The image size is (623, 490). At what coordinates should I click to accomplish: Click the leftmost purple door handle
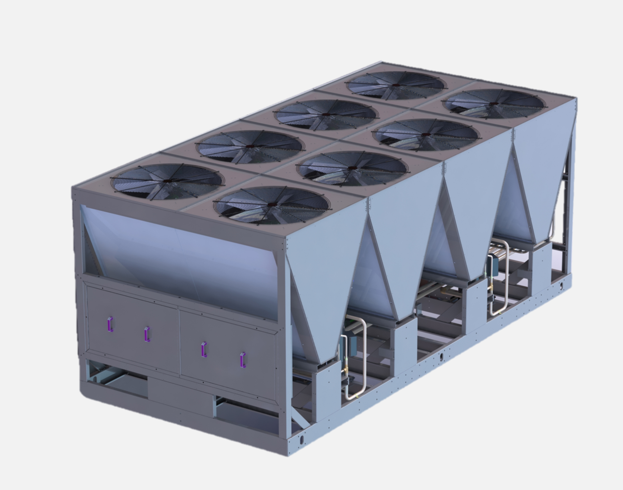click(x=110, y=324)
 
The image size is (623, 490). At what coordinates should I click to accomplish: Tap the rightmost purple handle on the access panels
click(x=243, y=360)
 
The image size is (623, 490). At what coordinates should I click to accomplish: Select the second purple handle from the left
click(x=147, y=334)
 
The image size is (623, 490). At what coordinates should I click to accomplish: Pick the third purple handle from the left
click(x=204, y=349)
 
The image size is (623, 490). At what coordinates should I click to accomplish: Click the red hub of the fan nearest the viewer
click(x=272, y=205)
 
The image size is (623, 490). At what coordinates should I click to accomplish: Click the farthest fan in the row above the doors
click(x=396, y=85)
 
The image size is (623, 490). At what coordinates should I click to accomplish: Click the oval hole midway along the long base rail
click(x=441, y=357)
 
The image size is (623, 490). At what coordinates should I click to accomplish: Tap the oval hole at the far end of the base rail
click(x=561, y=285)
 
